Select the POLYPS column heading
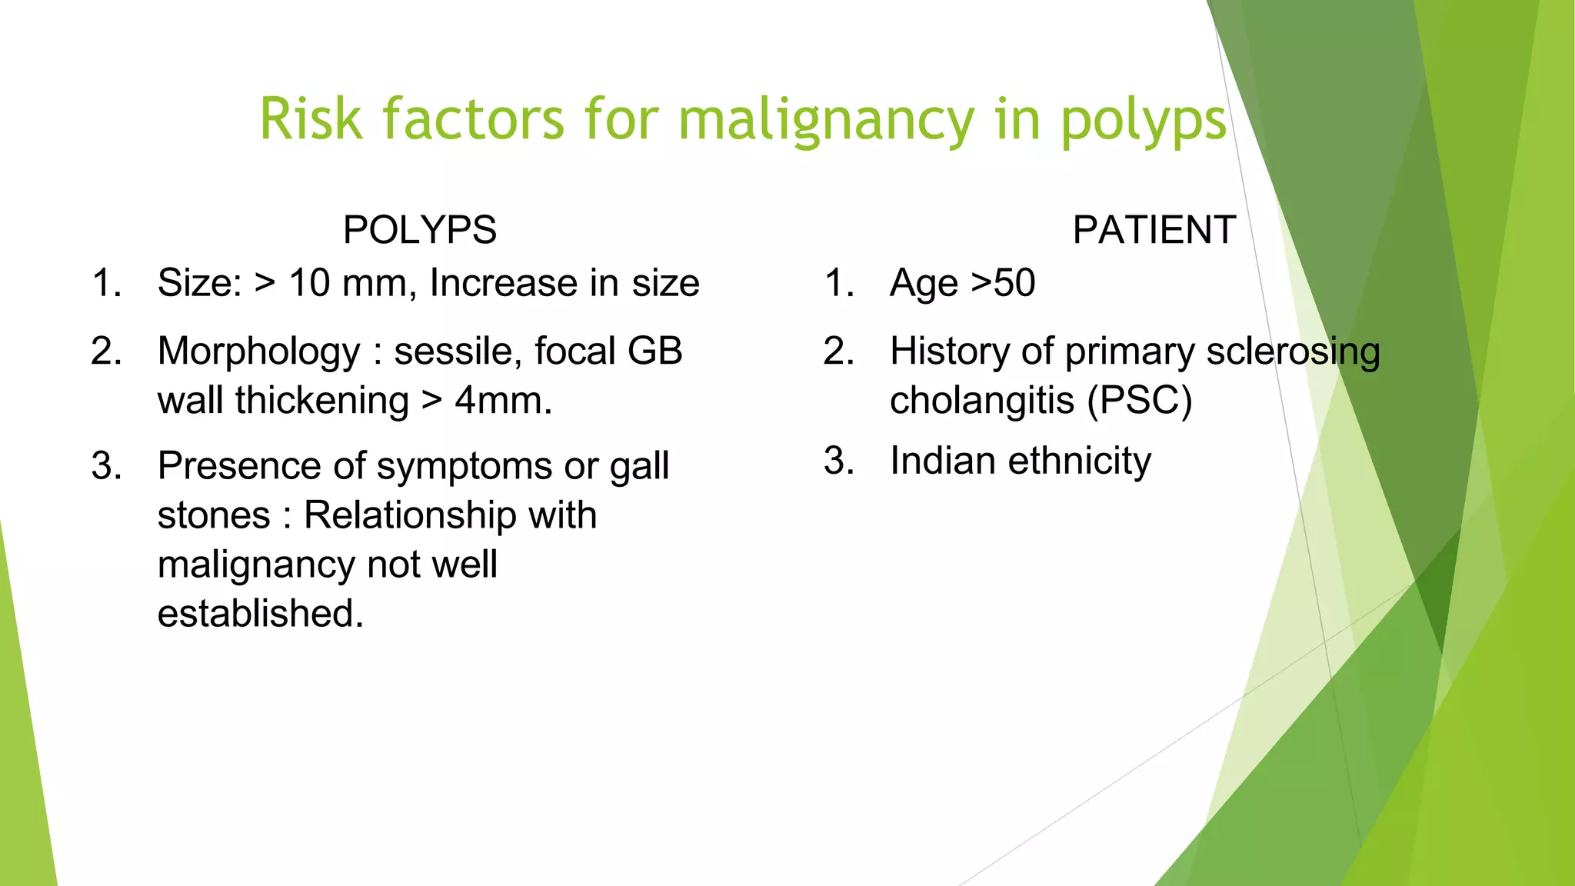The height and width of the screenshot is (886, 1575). coord(420,230)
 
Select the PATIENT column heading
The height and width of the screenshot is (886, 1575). coord(1154,230)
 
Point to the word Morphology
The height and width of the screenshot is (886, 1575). coord(258,352)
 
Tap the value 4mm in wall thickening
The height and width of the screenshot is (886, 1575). coord(502,401)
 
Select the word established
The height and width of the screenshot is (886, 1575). coord(260,614)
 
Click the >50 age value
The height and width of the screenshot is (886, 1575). coord(1003,283)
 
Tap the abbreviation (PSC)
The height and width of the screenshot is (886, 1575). coord(1140,401)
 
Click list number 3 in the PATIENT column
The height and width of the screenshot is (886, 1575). coord(838,461)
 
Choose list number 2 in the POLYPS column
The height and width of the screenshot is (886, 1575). coord(106,352)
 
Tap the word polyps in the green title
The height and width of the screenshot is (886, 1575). coord(1144,120)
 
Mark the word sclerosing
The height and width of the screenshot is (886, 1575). coord(1293,352)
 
